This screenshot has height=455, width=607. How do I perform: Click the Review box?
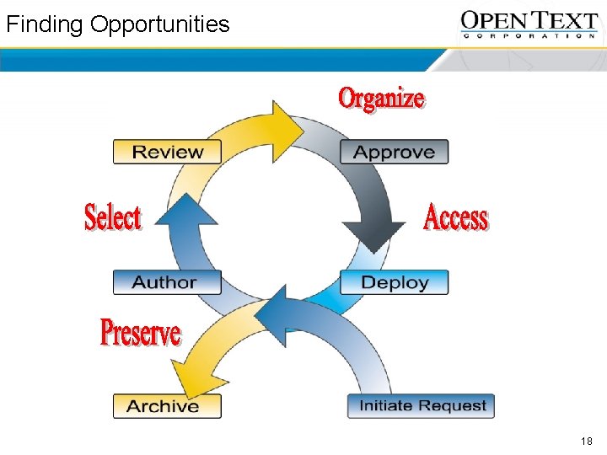coord(167,152)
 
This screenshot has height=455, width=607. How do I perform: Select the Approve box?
coord(394,152)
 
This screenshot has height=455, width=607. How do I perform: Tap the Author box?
coord(167,282)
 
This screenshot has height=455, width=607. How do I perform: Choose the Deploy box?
coord(394,282)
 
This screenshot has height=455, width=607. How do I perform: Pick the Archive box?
coord(167,406)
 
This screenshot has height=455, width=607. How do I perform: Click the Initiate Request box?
coord(422,405)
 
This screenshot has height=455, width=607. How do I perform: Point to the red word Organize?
coord(381,98)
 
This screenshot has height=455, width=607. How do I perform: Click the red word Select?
coord(113,217)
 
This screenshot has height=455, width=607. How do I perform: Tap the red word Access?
coord(456,217)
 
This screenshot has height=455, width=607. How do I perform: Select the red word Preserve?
coord(140,332)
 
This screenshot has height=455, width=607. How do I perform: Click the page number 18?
coord(587,442)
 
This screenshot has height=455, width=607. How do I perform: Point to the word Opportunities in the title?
coord(160,24)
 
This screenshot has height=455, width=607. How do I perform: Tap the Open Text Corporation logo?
coord(529,24)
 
